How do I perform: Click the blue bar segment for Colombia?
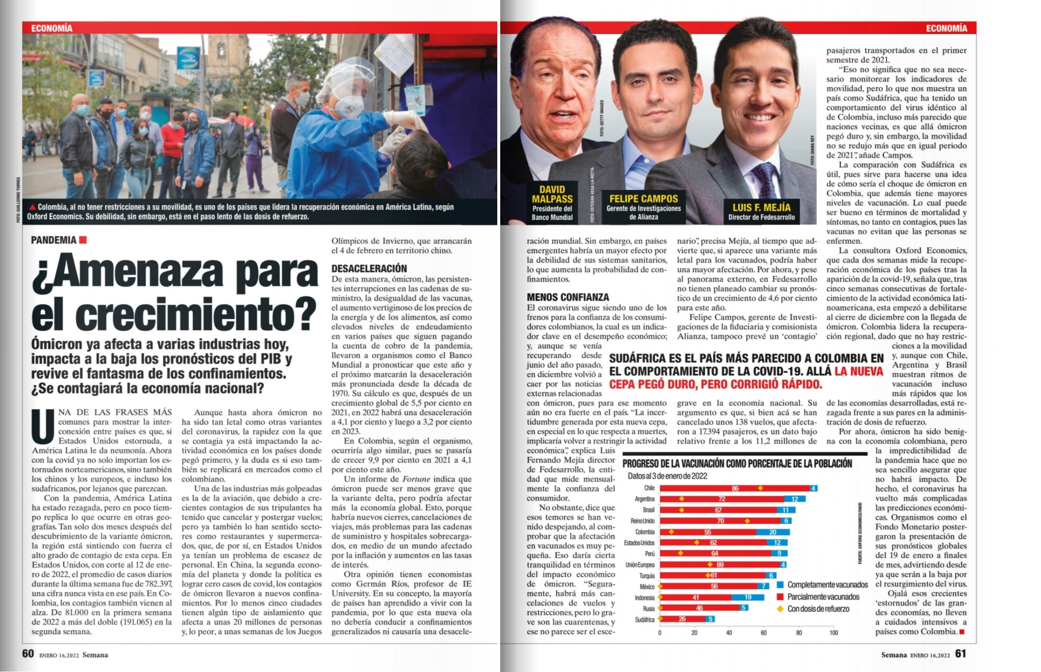773,532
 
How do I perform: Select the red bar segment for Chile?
735,488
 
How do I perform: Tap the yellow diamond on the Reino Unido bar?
747,521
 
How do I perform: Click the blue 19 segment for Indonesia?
748,597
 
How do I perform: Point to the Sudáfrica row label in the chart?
645,620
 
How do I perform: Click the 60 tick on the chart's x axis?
763,633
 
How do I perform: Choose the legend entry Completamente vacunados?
822,585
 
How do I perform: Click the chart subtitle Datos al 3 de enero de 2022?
668,476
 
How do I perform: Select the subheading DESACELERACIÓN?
369,268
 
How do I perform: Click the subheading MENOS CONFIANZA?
568,297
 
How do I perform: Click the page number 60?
28,653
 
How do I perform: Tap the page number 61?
961,653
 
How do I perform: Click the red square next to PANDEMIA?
83,239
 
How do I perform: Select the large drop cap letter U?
43,426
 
